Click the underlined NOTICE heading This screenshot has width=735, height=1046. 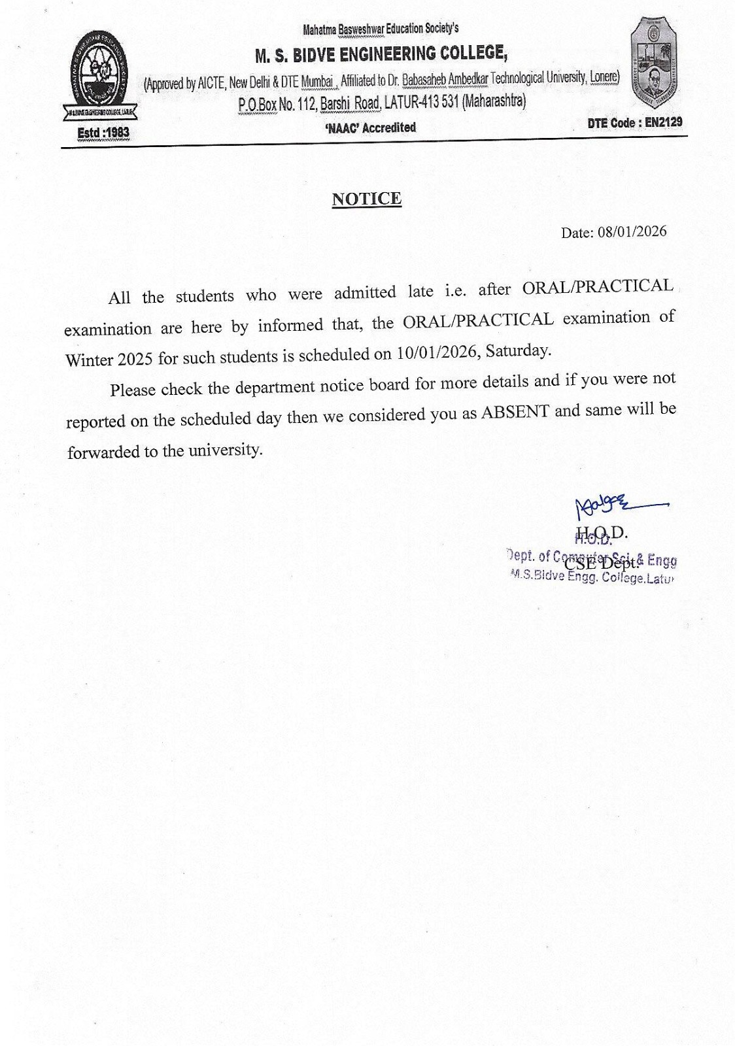(366, 199)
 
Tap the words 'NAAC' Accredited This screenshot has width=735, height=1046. (370, 127)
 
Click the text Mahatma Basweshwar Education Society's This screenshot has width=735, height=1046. (381, 29)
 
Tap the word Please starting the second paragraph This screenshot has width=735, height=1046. (133, 390)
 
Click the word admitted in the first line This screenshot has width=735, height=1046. (365, 292)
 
